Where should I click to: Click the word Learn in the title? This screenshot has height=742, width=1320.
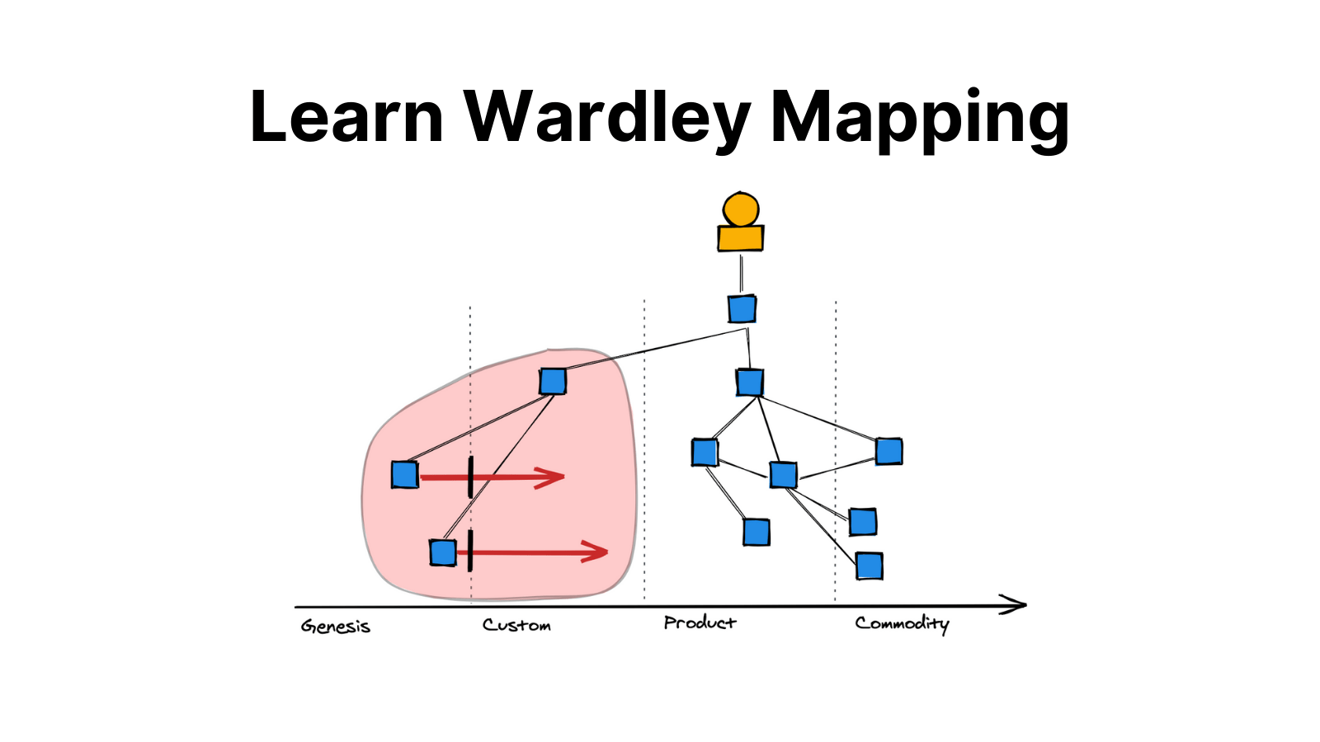click(346, 117)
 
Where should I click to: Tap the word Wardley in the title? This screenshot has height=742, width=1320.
click(606, 117)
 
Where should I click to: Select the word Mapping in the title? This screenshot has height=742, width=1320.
click(919, 117)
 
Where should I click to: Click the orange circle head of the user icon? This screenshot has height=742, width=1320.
click(740, 209)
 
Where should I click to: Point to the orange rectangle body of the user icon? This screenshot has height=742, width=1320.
click(740, 238)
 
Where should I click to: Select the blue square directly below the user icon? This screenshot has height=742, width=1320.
click(742, 309)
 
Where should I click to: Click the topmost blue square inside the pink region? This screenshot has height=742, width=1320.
click(553, 382)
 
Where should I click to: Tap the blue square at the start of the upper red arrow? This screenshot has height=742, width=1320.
click(404, 475)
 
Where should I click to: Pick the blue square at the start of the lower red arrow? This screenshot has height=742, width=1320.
click(443, 552)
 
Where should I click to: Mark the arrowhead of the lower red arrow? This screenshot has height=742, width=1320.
click(598, 552)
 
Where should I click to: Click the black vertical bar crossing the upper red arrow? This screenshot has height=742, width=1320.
click(470, 477)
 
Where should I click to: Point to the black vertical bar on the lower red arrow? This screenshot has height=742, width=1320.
click(469, 551)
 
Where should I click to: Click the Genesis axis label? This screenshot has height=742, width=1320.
click(336, 627)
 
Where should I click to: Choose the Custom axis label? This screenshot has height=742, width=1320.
click(516, 625)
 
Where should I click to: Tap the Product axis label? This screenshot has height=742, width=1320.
click(700, 622)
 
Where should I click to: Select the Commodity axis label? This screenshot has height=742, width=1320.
click(902, 623)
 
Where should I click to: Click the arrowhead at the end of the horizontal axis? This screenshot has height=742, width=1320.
click(1016, 605)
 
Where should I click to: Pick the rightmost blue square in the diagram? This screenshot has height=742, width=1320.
click(889, 452)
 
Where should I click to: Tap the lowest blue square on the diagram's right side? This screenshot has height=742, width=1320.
click(869, 566)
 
